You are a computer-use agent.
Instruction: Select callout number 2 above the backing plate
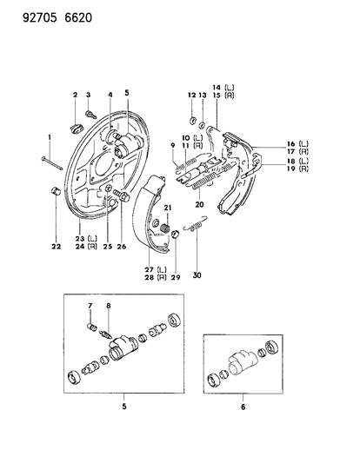tap(76, 95)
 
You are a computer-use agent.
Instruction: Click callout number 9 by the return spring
tap(172, 145)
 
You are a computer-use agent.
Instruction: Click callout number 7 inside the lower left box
tap(89, 306)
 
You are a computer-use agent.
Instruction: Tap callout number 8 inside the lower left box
tap(109, 306)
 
